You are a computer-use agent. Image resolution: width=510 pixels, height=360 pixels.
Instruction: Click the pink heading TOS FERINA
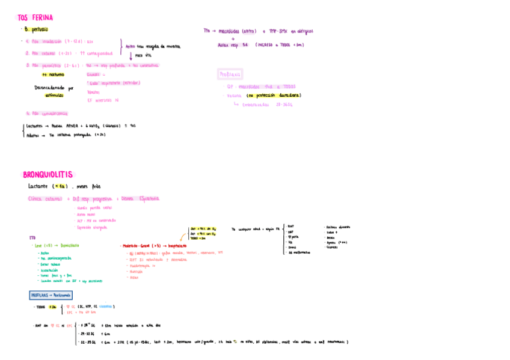point(35,18)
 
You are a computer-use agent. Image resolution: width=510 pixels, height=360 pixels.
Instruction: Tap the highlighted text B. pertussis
point(37,29)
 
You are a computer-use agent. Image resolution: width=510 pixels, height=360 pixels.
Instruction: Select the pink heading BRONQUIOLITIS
point(48,175)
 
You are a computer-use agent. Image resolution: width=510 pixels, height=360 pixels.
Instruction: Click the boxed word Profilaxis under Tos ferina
point(230,75)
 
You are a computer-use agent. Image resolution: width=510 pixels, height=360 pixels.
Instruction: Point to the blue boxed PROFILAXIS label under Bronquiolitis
point(51,295)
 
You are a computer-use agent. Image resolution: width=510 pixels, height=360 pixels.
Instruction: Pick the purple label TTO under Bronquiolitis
point(32,238)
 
